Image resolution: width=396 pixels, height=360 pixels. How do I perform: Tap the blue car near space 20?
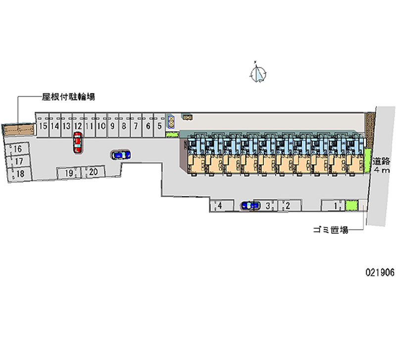coord(121,155)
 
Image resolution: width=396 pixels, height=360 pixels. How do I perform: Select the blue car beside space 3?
coord(250,205)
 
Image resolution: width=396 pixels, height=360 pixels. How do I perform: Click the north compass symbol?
coord(258,74)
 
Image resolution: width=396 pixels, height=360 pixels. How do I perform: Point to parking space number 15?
coord(43,126)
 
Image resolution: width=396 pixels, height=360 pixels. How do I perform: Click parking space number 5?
coord(159,126)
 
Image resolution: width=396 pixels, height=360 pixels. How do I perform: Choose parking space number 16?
coord(18,149)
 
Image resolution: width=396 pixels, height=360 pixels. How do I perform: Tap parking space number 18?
coord(19,173)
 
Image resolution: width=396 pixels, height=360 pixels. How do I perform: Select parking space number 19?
coord(70,173)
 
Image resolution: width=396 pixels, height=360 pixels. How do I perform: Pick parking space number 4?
coord(218,205)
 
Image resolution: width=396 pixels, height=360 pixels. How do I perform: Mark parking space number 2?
coord(285,205)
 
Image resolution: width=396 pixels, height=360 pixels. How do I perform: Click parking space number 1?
coord(336,205)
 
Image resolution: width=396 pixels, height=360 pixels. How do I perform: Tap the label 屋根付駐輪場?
coord(68,98)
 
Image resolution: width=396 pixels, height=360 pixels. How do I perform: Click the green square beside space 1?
coord(351,205)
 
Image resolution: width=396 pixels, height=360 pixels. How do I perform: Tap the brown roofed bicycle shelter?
coord(18,129)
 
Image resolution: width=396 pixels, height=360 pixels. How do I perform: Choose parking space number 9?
coord(112,126)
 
